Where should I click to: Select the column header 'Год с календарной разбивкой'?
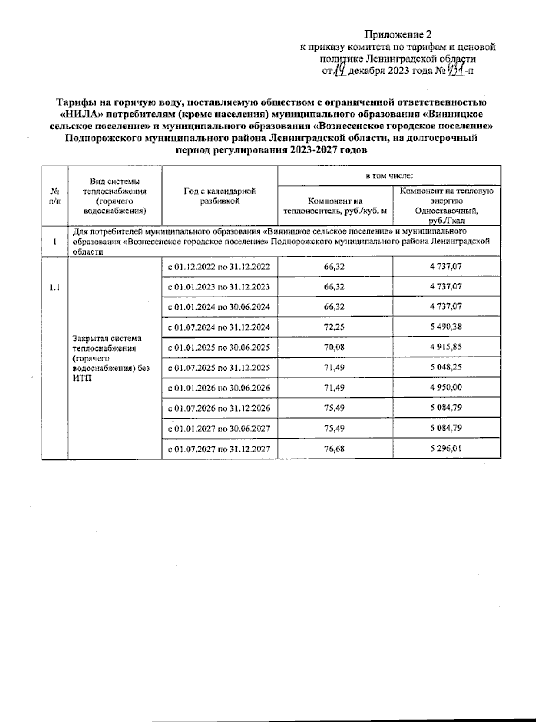(x=220, y=196)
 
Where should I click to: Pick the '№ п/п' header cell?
(x=54, y=196)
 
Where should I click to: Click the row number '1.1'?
(x=54, y=287)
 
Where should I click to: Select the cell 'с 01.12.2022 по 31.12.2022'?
(x=219, y=267)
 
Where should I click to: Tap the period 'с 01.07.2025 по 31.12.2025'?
(x=219, y=368)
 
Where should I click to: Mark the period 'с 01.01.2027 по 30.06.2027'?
(x=219, y=428)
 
